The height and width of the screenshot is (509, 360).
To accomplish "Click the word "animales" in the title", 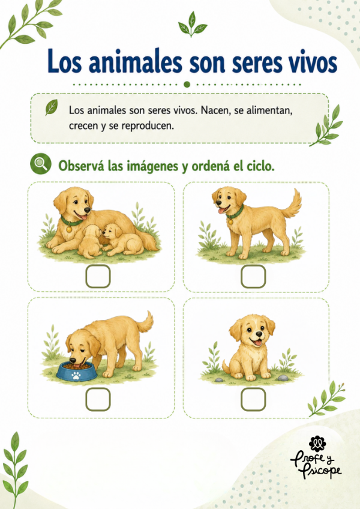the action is [x=136, y=62].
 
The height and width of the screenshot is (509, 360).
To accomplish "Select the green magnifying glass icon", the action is [x=41, y=164].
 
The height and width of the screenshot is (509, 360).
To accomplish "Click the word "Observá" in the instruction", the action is [x=82, y=166].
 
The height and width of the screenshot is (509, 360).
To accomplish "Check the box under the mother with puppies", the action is [x=98, y=276].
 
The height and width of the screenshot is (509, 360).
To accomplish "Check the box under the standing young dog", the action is [x=253, y=276].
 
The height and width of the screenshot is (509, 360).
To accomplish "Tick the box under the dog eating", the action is [x=98, y=399].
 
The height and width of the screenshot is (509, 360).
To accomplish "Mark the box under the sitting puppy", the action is [x=253, y=399].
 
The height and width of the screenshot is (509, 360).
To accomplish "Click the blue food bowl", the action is [x=77, y=372].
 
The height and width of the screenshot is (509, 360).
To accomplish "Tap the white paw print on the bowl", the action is [x=76, y=376].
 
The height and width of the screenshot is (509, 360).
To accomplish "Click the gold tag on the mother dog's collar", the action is [x=69, y=229].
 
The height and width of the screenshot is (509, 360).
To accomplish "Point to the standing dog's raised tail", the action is [x=292, y=204].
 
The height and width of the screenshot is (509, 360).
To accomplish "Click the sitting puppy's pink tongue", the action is [x=258, y=343].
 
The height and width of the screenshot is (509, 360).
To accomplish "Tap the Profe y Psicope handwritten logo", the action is [x=316, y=458].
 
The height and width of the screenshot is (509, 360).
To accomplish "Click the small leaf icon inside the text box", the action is [x=51, y=107].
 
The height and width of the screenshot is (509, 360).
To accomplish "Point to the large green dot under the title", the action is [x=187, y=85].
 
